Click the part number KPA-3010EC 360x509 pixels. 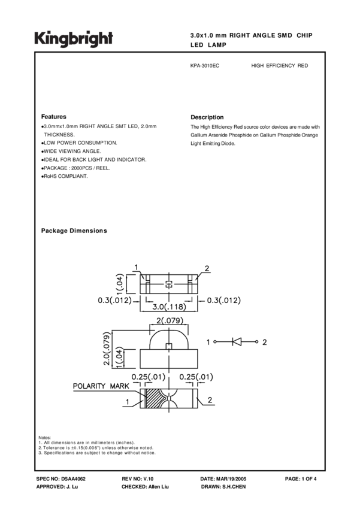point(204,66)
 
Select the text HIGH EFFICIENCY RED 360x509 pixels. point(280,66)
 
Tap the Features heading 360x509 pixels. point(53,117)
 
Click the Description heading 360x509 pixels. point(207,117)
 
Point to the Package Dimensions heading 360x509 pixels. point(74,231)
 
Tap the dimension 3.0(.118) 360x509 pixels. point(168,307)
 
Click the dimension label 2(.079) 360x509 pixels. point(169,321)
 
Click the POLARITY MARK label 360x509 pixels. point(98,386)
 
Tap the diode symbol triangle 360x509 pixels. point(236,342)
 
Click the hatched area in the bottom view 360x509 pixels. point(153,399)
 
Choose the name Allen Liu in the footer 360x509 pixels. point(158,487)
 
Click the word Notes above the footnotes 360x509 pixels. point(44,438)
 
